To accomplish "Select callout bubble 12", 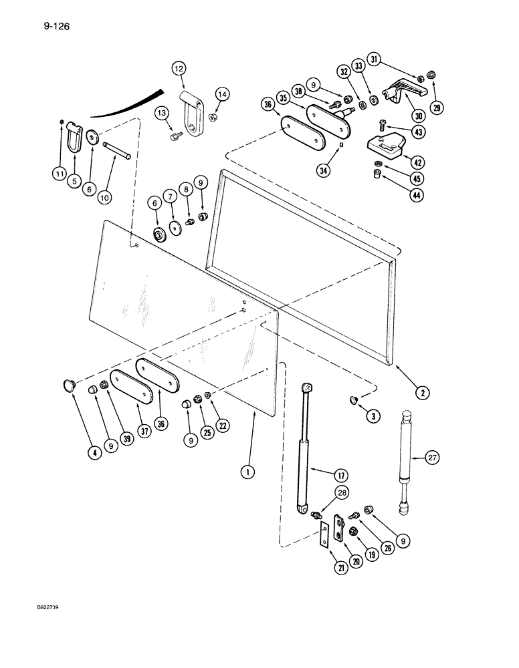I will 178,68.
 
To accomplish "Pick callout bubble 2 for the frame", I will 422,393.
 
